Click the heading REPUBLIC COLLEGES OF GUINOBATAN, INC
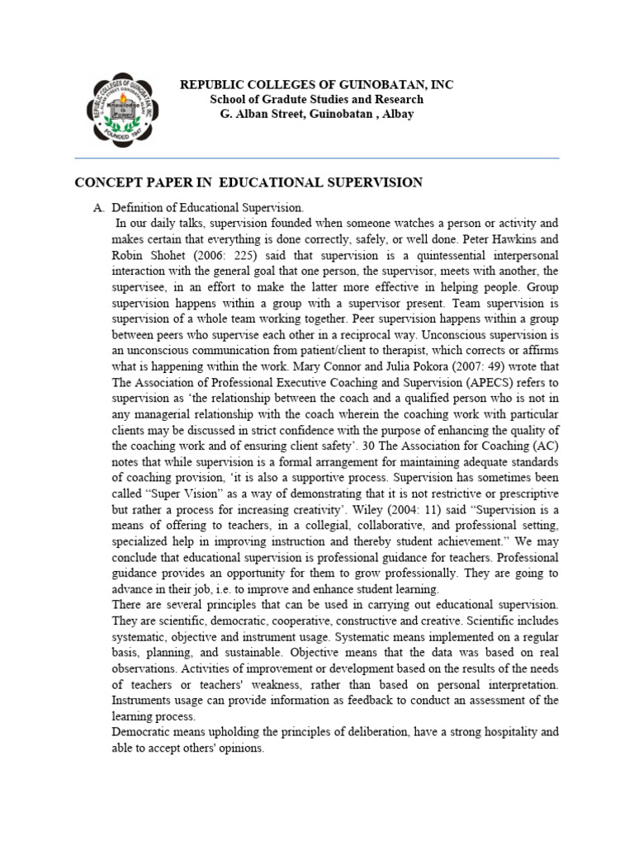click(317, 85)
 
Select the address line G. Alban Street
click(317, 114)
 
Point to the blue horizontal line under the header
click(317, 158)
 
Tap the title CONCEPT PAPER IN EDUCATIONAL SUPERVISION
click(249, 182)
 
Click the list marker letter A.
click(97, 208)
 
